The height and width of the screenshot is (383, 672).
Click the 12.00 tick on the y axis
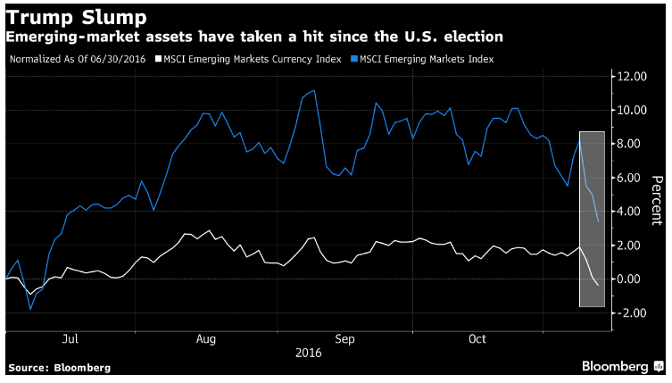click(x=632, y=77)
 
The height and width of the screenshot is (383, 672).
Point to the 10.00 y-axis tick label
click(x=632, y=110)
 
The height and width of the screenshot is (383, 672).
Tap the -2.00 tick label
click(x=630, y=312)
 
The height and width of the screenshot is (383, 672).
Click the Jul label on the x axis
click(x=71, y=339)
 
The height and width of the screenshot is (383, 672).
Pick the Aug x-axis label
click(x=206, y=339)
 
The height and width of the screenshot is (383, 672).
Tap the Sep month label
click(x=345, y=339)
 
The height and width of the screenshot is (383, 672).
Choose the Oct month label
click(x=477, y=339)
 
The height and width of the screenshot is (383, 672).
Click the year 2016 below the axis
click(x=309, y=353)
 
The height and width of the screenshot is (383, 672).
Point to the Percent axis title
click(x=657, y=200)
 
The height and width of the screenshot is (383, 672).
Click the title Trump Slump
click(x=76, y=18)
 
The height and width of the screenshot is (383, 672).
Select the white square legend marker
click(x=159, y=59)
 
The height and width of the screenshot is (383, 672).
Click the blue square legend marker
click(x=354, y=59)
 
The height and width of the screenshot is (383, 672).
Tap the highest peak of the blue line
click(x=314, y=90)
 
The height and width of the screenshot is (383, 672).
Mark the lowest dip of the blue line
click(x=30, y=309)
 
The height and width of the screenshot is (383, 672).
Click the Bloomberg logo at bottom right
click(x=622, y=366)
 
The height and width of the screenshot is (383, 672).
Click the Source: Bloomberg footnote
click(x=60, y=368)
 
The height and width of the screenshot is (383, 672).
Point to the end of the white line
click(x=598, y=285)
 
